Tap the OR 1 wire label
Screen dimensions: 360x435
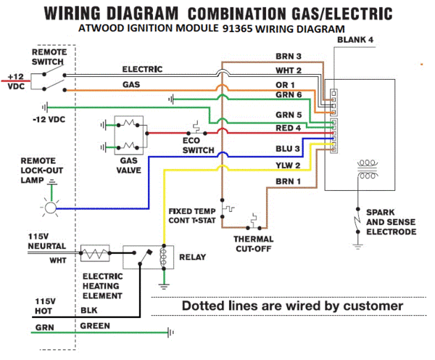tap(285, 86)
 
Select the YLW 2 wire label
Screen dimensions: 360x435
tap(287, 165)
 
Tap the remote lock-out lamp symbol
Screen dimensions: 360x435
tap(50, 208)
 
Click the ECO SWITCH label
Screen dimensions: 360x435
tap(198, 144)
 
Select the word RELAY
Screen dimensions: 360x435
tap(192, 257)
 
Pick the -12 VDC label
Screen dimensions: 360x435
tap(49, 119)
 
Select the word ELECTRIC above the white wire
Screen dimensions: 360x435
tap(141, 70)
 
